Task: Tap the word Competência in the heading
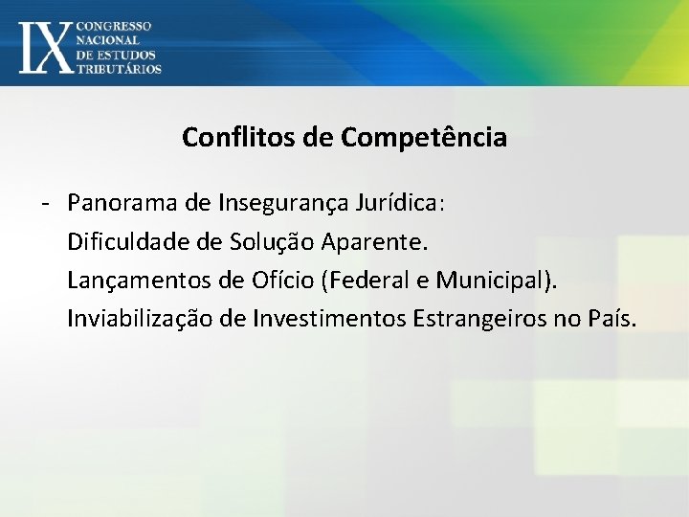[x=423, y=138]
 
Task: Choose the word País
[x=610, y=319]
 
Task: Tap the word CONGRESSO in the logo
[x=113, y=25]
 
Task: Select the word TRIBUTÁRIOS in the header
[x=119, y=68]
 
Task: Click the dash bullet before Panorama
[x=45, y=204]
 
